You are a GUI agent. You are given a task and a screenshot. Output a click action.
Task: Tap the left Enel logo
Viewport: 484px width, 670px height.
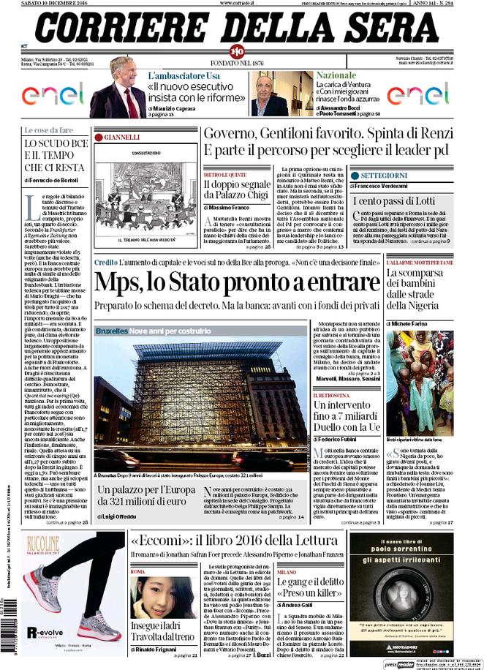click(x=53, y=93)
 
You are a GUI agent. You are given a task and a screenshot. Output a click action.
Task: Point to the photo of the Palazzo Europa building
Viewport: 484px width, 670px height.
click(x=194, y=401)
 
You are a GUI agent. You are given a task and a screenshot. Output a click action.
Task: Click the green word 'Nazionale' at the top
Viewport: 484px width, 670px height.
click(x=336, y=75)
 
